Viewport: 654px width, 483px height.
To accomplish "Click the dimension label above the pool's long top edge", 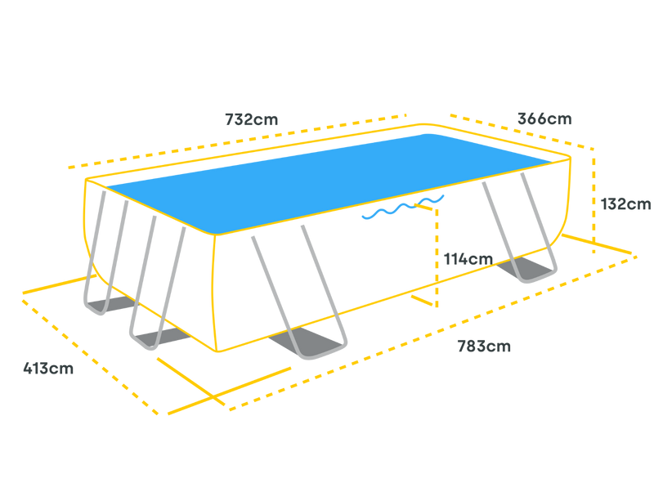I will (252, 119).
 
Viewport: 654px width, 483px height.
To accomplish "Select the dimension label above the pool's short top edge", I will (545, 118).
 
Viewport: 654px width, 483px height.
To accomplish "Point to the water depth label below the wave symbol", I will (468, 259).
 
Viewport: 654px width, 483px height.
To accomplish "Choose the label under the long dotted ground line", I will (484, 347).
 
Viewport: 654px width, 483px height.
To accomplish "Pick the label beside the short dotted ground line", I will (48, 369).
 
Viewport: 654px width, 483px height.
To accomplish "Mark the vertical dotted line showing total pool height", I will (594, 200).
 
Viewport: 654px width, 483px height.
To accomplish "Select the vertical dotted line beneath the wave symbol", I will (437, 253).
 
